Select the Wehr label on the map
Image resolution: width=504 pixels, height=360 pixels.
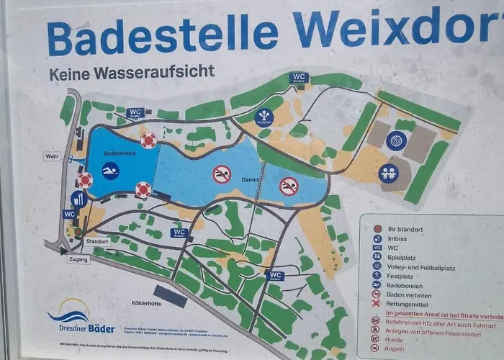pos(50,156)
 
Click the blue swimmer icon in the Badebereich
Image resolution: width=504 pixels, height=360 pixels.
pos(110,171)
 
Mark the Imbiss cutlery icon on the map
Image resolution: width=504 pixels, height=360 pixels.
pos(78,199)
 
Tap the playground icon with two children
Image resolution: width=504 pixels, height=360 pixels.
pos(389,173)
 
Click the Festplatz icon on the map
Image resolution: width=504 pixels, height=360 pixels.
pos(264,116)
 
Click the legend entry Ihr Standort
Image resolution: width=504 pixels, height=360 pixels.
pos(409,228)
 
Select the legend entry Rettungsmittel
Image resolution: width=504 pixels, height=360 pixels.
pos(411,303)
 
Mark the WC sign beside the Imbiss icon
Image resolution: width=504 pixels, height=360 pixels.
pos(69,214)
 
